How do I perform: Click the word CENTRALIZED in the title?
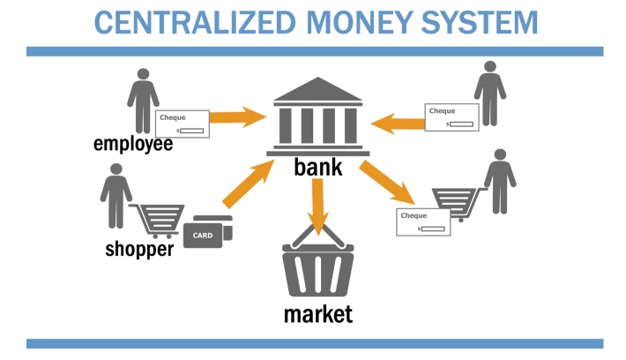tap(195, 22)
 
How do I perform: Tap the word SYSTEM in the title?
tap(480, 22)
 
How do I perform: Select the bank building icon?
tap(317, 116)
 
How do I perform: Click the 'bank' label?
tap(318, 167)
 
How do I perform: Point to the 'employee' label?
tap(133, 144)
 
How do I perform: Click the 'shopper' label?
tap(139, 249)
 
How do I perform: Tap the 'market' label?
tap(318, 313)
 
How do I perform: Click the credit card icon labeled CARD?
tap(208, 232)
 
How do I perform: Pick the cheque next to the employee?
tap(182, 124)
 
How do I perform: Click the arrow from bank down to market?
tap(317, 206)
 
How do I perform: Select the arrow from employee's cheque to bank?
tap(238, 117)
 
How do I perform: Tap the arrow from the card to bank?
tap(249, 184)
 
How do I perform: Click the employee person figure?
tap(143, 101)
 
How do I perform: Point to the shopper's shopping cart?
tap(158, 221)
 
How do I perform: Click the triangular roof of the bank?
tap(317, 89)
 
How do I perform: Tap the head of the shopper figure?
tap(116, 169)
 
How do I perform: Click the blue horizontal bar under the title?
tap(315, 51)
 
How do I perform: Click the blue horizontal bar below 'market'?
tap(315, 343)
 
